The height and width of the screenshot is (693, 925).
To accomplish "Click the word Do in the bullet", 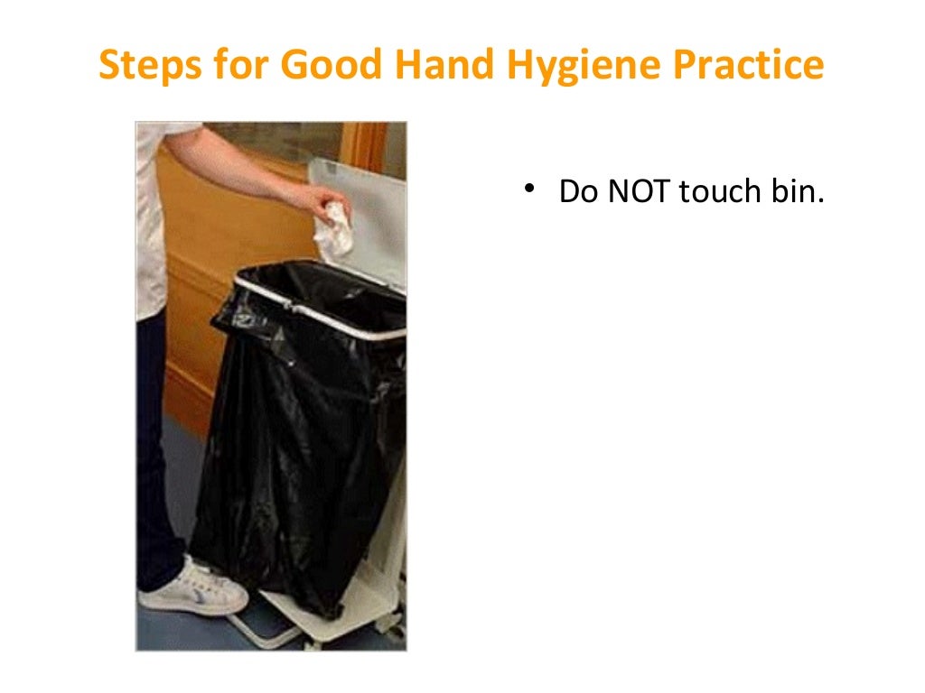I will pyautogui.click(x=575, y=191).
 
